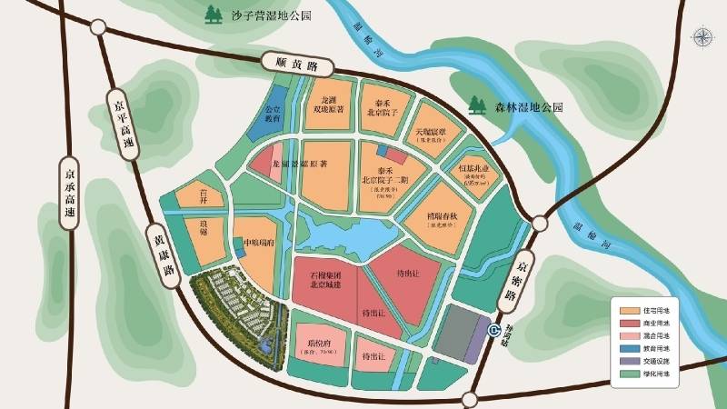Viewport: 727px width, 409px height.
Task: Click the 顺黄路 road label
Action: point(292,65)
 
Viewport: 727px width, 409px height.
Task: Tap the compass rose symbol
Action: point(703,37)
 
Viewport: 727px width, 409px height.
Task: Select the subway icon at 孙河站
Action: point(493,332)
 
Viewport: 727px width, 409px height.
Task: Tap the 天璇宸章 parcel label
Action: point(431,132)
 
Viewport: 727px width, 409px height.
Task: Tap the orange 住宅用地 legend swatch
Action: point(624,310)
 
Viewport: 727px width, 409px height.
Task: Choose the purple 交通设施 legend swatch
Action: point(624,361)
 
